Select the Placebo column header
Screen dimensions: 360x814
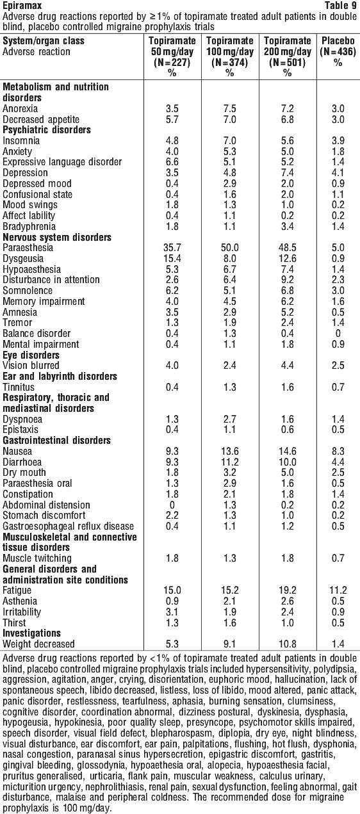[x=338, y=52]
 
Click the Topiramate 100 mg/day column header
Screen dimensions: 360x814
[x=230, y=57]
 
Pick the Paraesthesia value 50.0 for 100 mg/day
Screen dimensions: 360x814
[x=230, y=248]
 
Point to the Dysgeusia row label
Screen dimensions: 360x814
[x=23, y=259]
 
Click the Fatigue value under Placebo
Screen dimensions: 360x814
[x=338, y=590]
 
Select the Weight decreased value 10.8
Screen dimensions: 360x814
[x=287, y=644]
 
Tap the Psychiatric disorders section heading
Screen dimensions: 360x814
[x=47, y=130]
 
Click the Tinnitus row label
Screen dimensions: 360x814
[x=19, y=387]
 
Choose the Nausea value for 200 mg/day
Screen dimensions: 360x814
[x=287, y=452]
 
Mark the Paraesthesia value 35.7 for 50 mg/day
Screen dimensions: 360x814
[x=172, y=248]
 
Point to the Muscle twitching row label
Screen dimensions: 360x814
[x=37, y=558]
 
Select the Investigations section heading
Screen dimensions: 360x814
[x=31, y=633]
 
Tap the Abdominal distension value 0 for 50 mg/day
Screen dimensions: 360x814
[x=172, y=505]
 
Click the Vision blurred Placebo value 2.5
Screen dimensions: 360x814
[x=338, y=366]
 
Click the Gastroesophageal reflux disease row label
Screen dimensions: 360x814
[x=68, y=526]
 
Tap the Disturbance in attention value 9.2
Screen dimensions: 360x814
[x=287, y=280]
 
